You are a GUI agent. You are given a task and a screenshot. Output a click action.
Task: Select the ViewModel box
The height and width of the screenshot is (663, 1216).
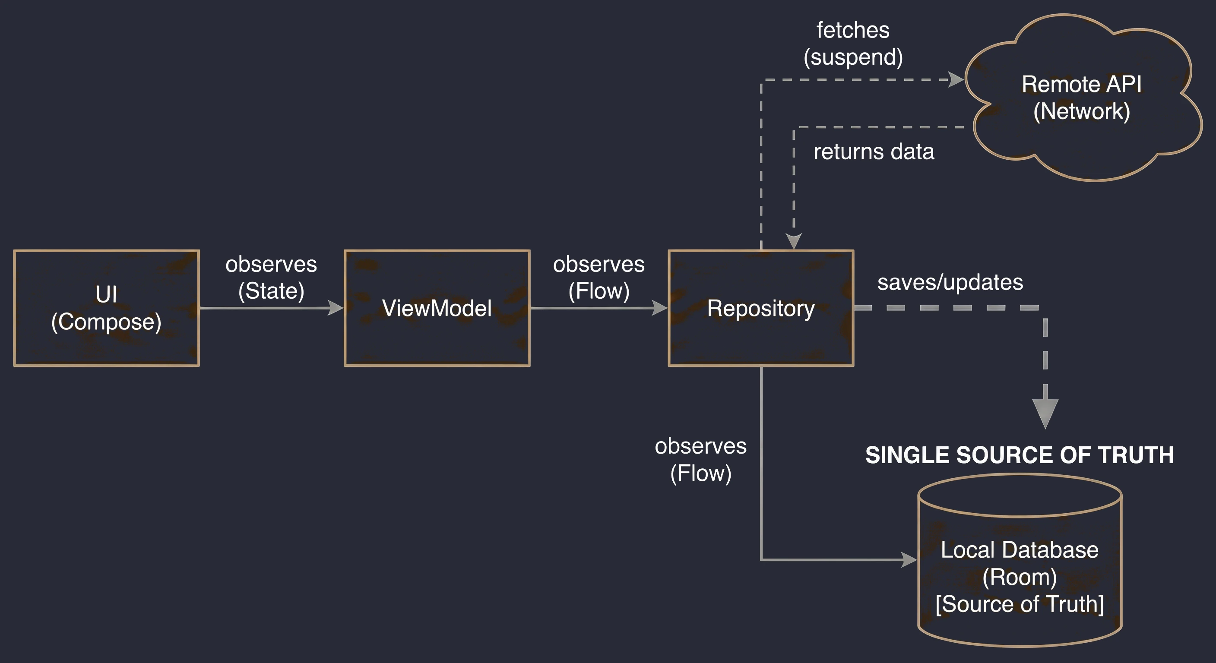(x=437, y=308)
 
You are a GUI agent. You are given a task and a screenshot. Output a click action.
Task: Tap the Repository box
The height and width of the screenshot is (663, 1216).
(x=761, y=308)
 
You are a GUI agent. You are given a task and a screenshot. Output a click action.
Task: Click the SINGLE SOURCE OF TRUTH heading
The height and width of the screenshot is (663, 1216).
(x=1020, y=455)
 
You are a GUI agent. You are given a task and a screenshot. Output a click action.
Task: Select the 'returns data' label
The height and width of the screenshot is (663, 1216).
(x=874, y=152)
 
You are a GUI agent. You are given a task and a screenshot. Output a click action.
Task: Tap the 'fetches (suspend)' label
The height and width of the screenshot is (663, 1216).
(x=853, y=44)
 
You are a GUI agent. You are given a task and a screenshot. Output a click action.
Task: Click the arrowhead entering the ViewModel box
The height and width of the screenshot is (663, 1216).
(x=336, y=308)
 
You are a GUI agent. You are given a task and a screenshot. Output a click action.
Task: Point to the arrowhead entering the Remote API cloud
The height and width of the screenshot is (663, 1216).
(x=956, y=80)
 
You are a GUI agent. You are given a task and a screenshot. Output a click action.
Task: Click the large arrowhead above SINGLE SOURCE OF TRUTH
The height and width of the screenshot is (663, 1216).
(x=1045, y=414)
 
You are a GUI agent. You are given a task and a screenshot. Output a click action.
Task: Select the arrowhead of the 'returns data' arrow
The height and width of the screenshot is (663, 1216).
(x=794, y=241)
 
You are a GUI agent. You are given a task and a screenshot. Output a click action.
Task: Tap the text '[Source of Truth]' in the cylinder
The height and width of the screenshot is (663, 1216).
(x=1020, y=604)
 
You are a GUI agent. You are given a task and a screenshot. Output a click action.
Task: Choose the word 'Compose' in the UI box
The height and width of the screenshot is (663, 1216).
(x=106, y=322)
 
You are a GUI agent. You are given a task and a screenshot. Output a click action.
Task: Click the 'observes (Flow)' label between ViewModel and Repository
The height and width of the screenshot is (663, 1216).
(x=598, y=278)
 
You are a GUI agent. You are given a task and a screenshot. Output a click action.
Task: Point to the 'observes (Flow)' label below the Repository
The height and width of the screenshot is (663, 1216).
(x=700, y=460)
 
